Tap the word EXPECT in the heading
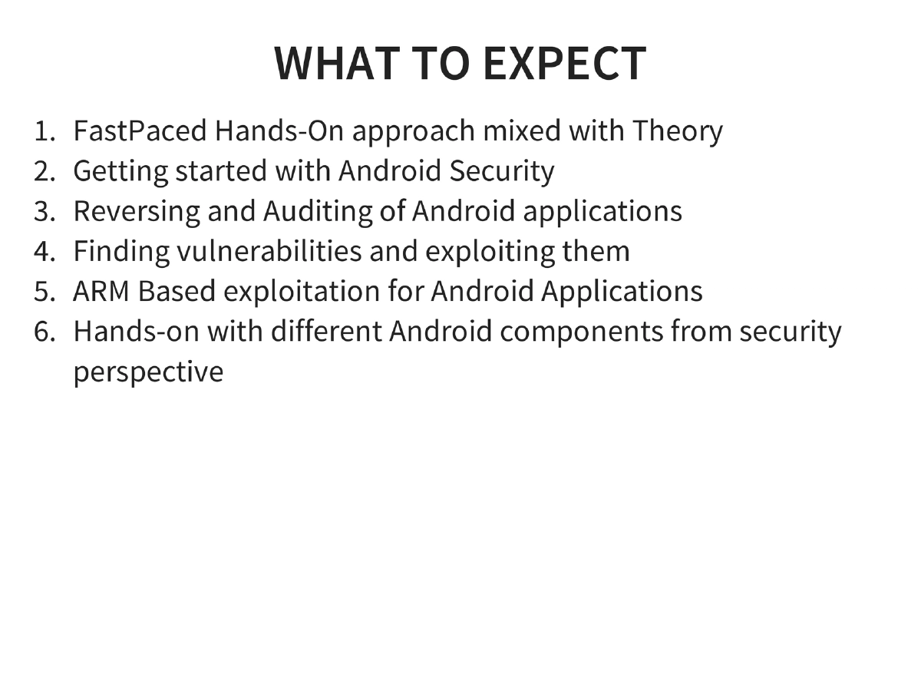tap(564, 63)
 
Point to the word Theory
tap(678, 132)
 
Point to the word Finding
tap(121, 252)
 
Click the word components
tap(587, 332)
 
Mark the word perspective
tap(148, 372)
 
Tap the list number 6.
tap(43, 332)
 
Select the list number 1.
tap(43, 132)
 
